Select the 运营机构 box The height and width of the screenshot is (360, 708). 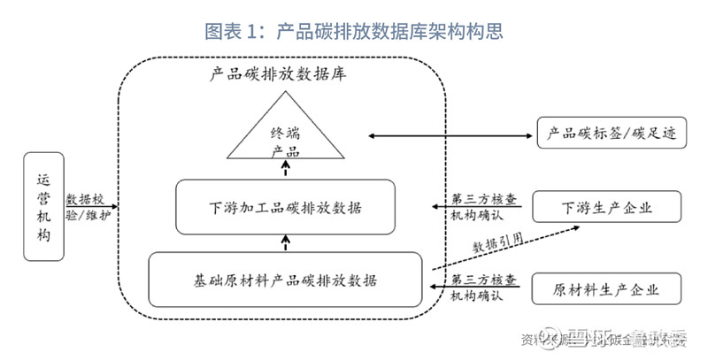tap(44, 204)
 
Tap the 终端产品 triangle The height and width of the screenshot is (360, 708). tap(285, 137)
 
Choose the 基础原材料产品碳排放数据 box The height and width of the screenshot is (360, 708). tap(285, 281)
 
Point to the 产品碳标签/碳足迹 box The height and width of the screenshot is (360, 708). tap(612, 135)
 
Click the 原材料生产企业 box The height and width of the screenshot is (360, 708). tap(607, 289)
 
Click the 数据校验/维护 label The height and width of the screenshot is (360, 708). tap(92, 205)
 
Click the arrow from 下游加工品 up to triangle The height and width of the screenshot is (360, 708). tap(285, 169)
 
